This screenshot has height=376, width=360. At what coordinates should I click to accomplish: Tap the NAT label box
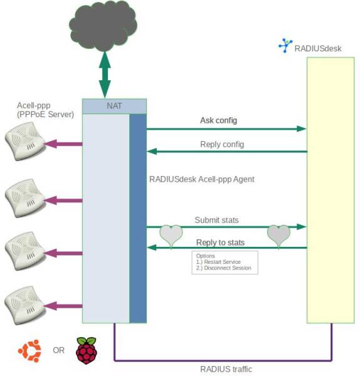pos(114,107)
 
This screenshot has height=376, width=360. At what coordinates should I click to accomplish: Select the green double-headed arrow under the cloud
pos(105,73)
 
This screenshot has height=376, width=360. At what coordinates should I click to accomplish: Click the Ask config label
pos(218,120)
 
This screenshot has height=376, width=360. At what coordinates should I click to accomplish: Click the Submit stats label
pos(216,220)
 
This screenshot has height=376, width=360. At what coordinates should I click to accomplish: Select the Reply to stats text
pos(220,242)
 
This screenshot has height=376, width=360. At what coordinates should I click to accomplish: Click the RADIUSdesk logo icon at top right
pos(285,46)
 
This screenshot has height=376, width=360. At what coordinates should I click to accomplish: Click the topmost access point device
pos(24,144)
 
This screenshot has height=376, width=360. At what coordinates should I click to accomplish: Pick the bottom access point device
pos(24,305)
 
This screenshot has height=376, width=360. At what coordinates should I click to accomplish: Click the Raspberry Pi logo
pos(87,350)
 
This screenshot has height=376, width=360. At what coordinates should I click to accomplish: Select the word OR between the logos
pos(58,350)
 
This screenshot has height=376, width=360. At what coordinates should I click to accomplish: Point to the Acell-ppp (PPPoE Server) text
pos(45,110)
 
